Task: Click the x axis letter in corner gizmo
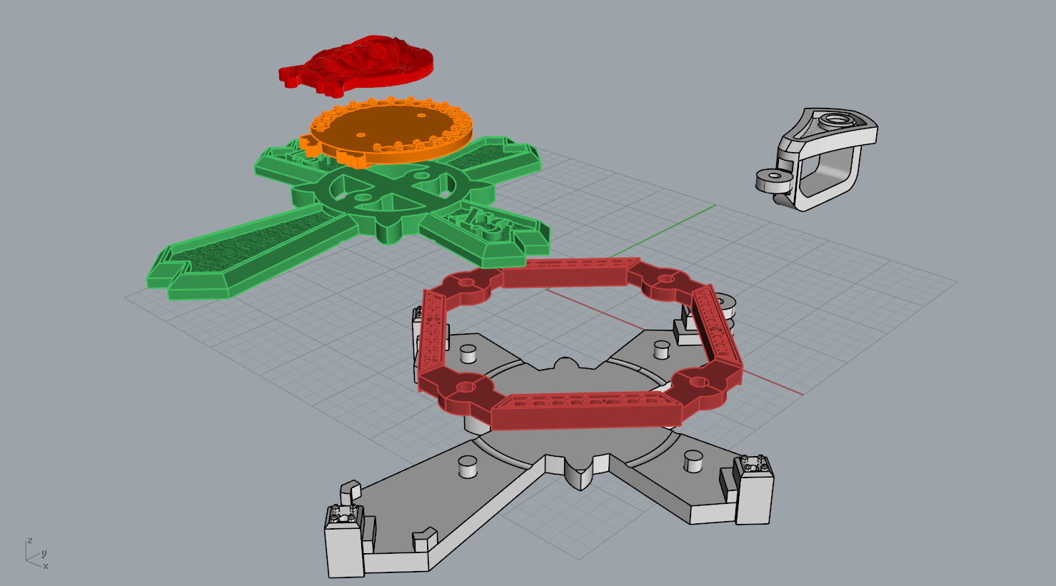pos(46,566)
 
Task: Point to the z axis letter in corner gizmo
pos(29,540)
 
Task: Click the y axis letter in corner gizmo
pos(44,553)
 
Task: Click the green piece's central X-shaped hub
pos(391,192)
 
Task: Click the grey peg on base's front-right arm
pos(691,460)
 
